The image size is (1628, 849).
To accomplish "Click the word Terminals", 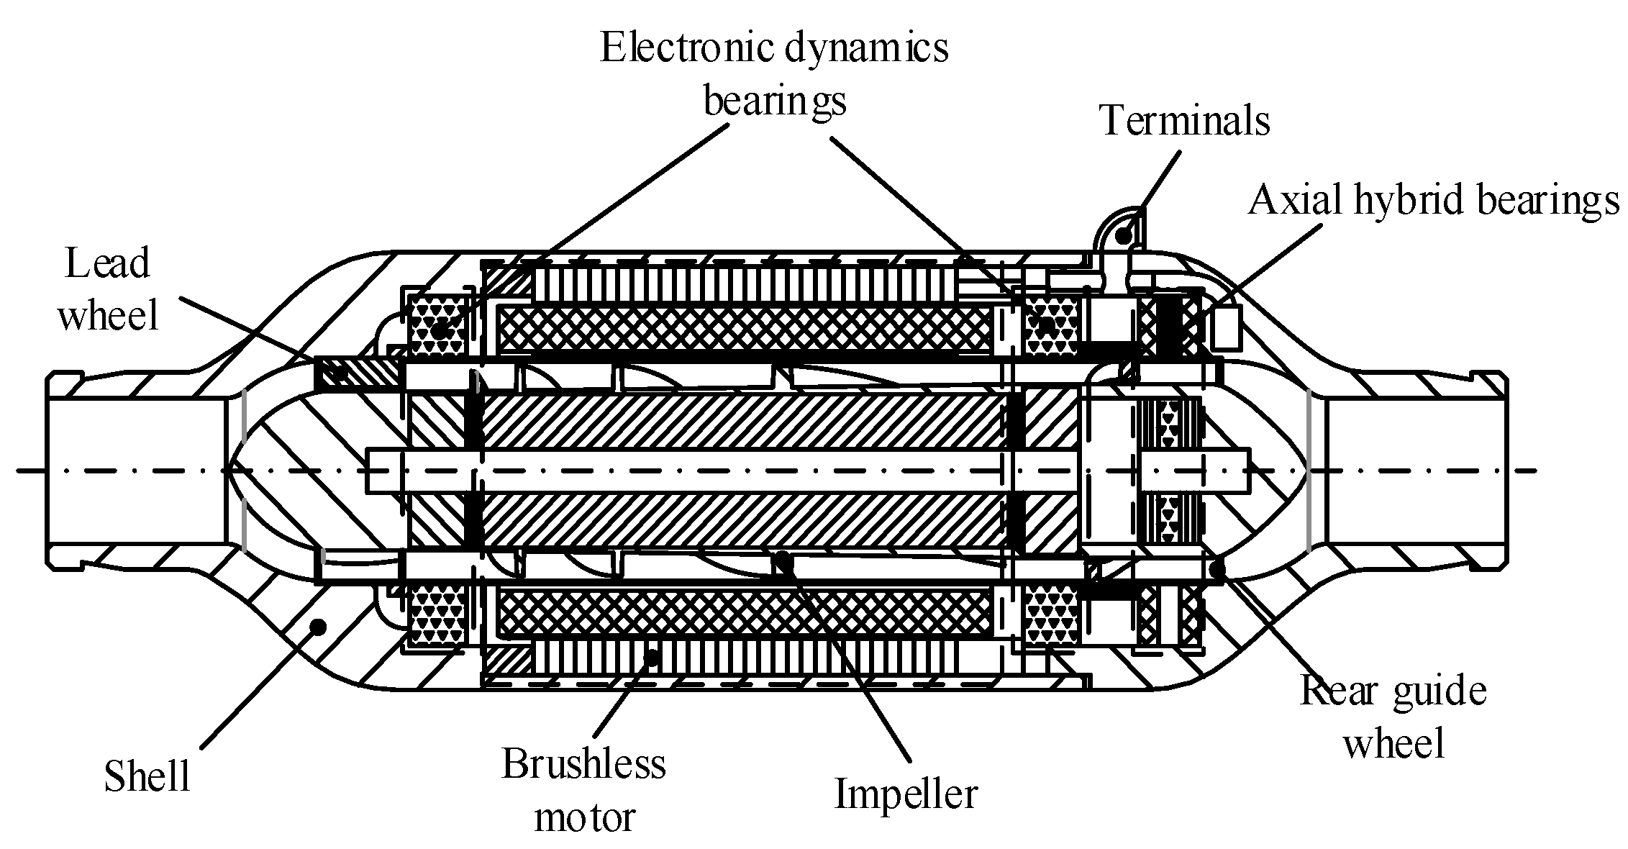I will [x=1185, y=120].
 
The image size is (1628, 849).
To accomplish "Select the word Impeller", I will [x=906, y=794].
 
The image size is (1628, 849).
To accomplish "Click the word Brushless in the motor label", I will [x=583, y=764].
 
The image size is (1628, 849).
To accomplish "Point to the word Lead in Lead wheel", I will [x=107, y=263].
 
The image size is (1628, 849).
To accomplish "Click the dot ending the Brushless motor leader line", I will [x=651, y=656].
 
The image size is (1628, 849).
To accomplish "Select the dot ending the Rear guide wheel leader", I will [x=1217, y=571].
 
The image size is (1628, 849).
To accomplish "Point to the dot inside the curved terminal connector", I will [x=1123, y=232].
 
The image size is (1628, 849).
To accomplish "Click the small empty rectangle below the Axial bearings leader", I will [x=1226, y=327].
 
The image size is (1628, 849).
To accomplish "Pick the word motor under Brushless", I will [x=585, y=818].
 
